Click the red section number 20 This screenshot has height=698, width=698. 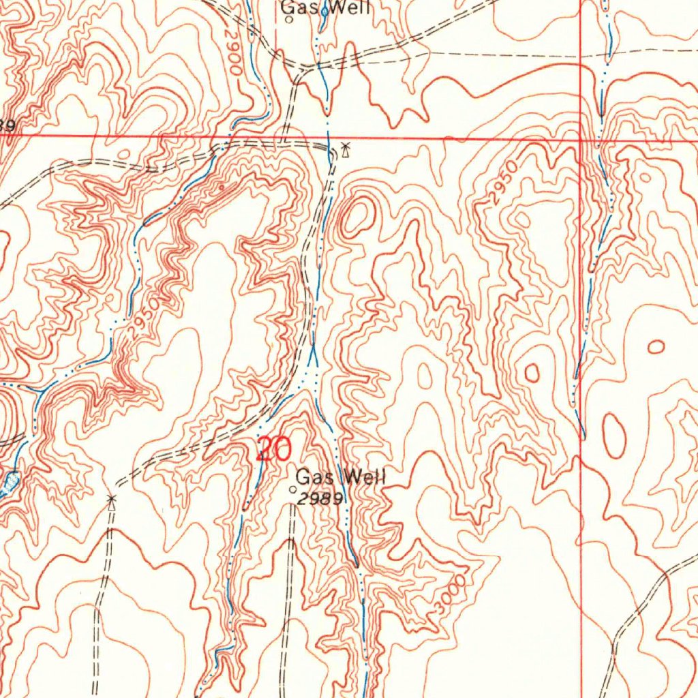pos(274,450)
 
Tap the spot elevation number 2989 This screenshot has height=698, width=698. pos(320,499)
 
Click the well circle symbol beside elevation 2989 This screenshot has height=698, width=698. pos(294,489)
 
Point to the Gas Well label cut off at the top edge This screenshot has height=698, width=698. pos(326,7)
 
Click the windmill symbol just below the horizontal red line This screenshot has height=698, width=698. pos(346,149)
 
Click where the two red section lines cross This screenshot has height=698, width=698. pos(581,139)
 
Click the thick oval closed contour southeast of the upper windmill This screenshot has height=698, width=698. pos(357,217)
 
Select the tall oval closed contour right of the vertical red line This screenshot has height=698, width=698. pos(613,436)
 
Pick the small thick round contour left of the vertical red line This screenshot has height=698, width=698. pos(532,372)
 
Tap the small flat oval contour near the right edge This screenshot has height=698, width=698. pos(656,347)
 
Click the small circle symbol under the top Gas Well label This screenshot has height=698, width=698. pos(289,20)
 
